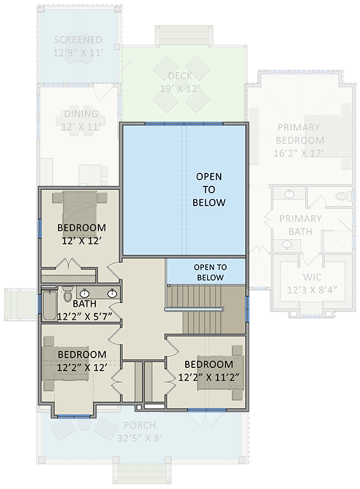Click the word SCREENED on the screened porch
pos(78,40)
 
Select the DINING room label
pos(81,114)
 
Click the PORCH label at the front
pos(139,425)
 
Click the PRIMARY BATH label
pos(300,225)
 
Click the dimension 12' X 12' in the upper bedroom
pos(81,241)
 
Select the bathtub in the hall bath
pos(48,306)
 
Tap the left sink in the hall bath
pos(87,293)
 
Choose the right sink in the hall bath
pos(112,293)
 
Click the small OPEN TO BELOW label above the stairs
pos(210,272)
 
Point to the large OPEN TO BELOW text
pos(209,189)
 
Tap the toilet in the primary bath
pos(341,197)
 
